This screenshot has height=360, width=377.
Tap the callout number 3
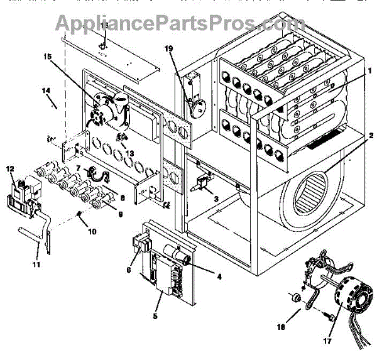click(216, 199)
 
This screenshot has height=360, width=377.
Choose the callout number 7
click(79, 169)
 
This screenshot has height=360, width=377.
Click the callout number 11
click(36, 265)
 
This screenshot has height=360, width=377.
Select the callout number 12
click(10, 169)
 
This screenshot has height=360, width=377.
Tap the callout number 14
click(46, 91)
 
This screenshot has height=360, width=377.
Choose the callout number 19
click(168, 48)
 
